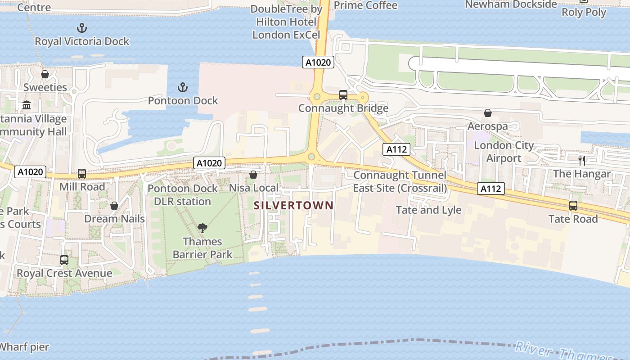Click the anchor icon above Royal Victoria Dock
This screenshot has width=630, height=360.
(82, 28)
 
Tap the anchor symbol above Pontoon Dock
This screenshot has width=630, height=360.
(183, 87)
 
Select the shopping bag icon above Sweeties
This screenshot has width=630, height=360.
(45, 74)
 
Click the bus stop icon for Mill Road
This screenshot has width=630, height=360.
(82, 173)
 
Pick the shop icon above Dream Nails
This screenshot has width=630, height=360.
(114, 206)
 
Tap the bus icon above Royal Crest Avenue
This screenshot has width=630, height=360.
(64, 260)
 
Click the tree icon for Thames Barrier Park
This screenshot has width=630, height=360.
(202, 228)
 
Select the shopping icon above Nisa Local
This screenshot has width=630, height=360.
(253, 175)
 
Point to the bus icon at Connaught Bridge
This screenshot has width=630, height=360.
(343, 95)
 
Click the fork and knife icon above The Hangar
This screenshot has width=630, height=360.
(582, 160)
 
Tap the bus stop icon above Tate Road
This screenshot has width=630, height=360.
(573, 206)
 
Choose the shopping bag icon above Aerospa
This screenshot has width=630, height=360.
(488, 113)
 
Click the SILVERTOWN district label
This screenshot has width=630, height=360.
(294, 206)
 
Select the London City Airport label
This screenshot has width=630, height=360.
(504, 152)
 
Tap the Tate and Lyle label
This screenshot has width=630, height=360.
(428, 210)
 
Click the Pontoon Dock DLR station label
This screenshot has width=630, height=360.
(183, 195)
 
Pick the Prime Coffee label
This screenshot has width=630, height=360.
(366, 5)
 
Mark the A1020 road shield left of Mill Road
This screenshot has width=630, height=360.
(31, 171)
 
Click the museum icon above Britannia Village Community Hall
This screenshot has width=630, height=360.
(27, 105)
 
